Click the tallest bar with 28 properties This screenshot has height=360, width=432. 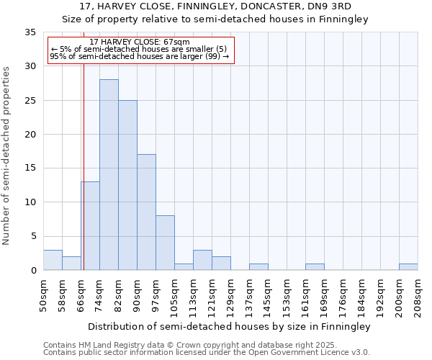click(109, 175)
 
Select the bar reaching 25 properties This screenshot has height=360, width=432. click(127, 185)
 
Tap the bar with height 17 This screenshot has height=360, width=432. click(146, 212)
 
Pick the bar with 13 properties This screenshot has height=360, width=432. click(90, 226)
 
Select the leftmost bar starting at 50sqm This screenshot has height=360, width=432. click(53, 260)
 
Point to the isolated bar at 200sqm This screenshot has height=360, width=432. click(408, 267)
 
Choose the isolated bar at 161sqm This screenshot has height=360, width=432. click(315, 267)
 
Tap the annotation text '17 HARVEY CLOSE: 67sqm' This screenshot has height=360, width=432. click(140, 42)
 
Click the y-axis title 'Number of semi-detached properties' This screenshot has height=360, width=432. click(7, 156)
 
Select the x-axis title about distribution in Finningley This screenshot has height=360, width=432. click(230, 326)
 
